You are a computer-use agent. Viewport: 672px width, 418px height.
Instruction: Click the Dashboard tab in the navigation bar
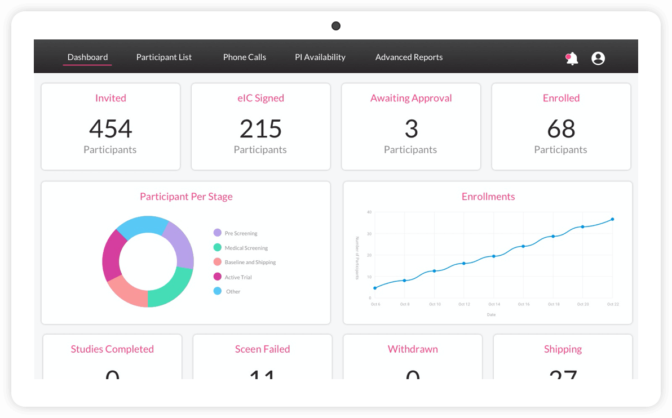87,57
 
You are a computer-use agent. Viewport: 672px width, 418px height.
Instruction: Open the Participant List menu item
164,57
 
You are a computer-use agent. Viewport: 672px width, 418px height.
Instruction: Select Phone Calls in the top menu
245,57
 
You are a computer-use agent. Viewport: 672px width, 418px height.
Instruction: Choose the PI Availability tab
320,57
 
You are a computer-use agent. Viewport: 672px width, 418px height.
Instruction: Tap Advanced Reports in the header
409,57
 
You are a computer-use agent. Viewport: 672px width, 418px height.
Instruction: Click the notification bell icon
572,58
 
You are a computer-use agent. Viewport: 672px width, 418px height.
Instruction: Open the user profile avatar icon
598,58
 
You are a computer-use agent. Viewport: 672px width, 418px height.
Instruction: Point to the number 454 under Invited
110,128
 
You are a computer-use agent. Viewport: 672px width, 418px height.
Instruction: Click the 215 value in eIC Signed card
260,128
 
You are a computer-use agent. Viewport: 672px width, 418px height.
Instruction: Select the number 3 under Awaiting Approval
411,128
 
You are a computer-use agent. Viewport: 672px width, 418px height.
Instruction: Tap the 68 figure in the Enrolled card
561,128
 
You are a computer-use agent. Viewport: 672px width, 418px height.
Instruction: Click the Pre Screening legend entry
240,233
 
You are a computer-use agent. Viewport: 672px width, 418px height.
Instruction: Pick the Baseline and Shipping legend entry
250,263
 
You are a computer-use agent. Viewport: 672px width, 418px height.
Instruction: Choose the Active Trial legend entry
238,277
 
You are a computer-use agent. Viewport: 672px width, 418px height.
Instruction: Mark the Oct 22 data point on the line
612,219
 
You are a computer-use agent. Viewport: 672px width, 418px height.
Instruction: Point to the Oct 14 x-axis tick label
494,304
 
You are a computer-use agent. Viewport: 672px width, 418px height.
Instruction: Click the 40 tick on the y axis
369,212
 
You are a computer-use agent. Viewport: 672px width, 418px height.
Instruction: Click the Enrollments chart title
488,197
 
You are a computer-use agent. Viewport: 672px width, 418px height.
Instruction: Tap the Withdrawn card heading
413,349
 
